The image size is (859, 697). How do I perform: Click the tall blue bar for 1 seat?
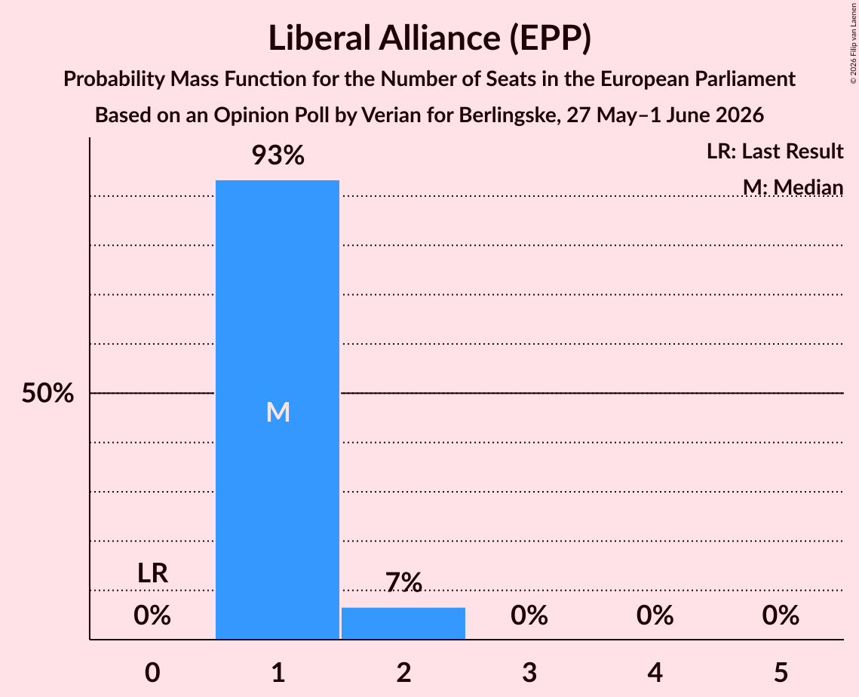tap(278, 410)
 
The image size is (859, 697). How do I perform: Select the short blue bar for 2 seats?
tap(403, 623)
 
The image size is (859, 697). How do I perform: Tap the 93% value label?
tap(278, 155)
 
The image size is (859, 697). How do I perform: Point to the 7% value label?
tap(403, 582)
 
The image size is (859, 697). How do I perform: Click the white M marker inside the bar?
tap(278, 412)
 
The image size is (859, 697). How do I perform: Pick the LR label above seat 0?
tap(152, 573)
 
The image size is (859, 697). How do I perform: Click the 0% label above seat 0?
tap(152, 616)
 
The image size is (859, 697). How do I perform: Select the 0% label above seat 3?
tap(529, 616)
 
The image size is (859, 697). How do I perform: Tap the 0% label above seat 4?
tap(655, 616)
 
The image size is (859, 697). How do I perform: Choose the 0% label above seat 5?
tap(781, 616)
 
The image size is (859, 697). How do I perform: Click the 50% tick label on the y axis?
tap(48, 393)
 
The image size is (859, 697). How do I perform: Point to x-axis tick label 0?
tap(152, 672)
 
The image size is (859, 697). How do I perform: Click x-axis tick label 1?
tap(278, 672)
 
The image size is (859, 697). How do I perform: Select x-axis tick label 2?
tap(403, 672)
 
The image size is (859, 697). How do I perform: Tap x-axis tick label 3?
tap(529, 672)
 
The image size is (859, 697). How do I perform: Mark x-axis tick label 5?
tap(781, 672)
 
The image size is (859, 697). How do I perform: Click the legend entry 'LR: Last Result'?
tap(775, 151)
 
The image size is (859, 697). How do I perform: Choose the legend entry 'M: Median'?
tap(793, 187)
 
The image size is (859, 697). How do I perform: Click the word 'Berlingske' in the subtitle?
tap(504, 115)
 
